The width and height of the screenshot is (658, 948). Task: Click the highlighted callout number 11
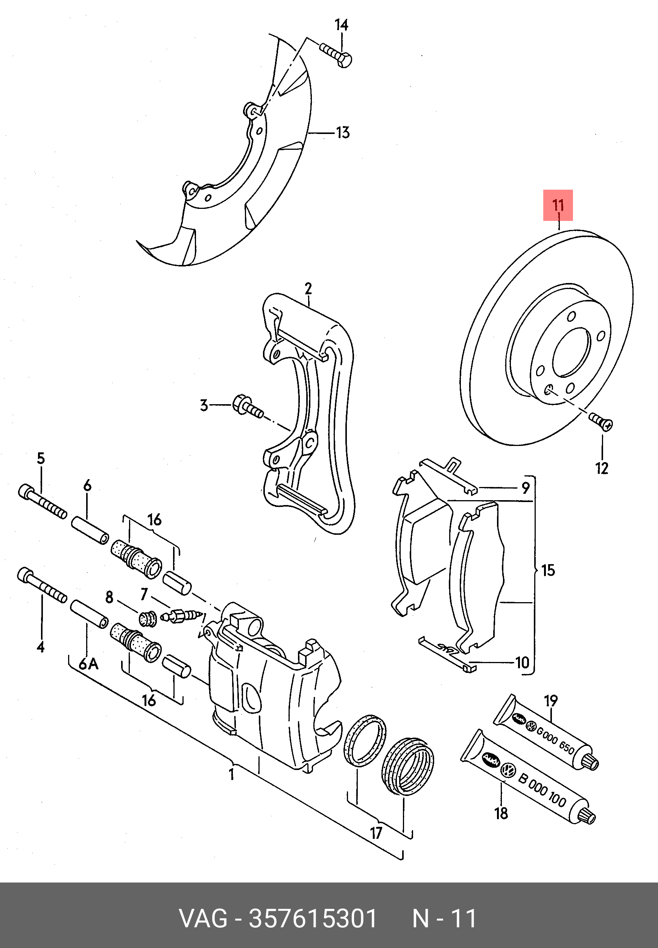558,205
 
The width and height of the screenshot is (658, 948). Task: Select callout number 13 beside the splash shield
343,133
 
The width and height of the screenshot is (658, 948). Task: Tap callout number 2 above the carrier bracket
308,289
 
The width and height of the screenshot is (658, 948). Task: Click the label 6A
89,664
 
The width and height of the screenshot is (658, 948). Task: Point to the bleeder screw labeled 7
180,617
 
